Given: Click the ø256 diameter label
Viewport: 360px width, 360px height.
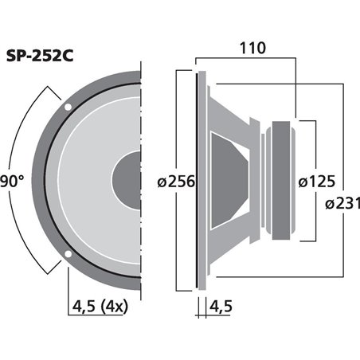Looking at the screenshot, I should click(x=177, y=182).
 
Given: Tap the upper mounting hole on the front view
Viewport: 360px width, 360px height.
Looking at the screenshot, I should click(x=68, y=105).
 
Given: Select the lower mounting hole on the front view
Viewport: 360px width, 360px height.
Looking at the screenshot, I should click(x=68, y=255).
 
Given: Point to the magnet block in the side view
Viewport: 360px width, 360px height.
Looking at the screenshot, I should click(x=284, y=180).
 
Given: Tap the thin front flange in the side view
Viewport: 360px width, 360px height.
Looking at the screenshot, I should click(x=198, y=180).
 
